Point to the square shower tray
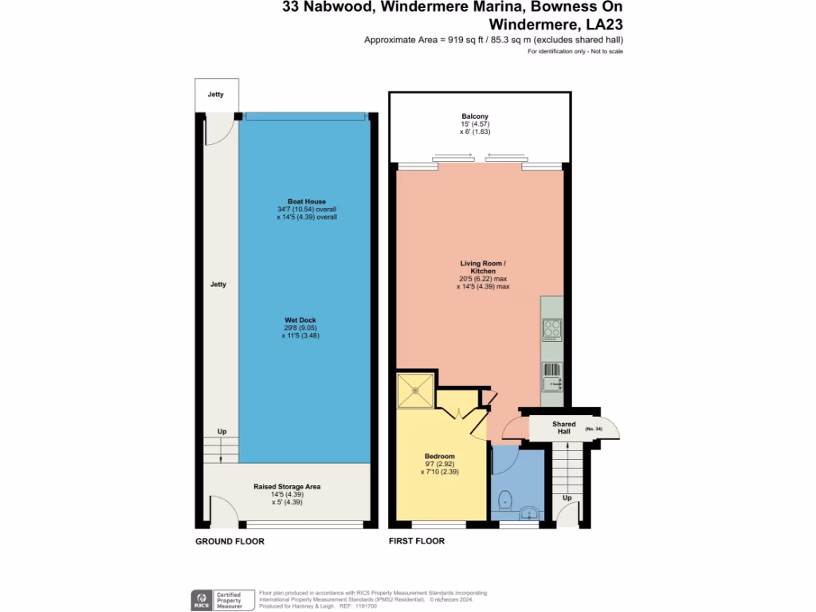[x=414, y=390]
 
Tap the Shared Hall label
[x=564, y=428]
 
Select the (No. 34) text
[x=594, y=430]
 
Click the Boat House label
[x=307, y=202]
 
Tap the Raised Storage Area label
[x=287, y=486]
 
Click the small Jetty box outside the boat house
[x=216, y=95]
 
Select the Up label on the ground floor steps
[x=222, y=432]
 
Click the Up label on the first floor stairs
[x=567, y=498]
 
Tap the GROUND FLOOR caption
[x=229, y=541]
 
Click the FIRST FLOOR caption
[x=417, y=541]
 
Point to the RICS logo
[x=199, y=598]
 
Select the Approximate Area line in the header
[x=493, y=40]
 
